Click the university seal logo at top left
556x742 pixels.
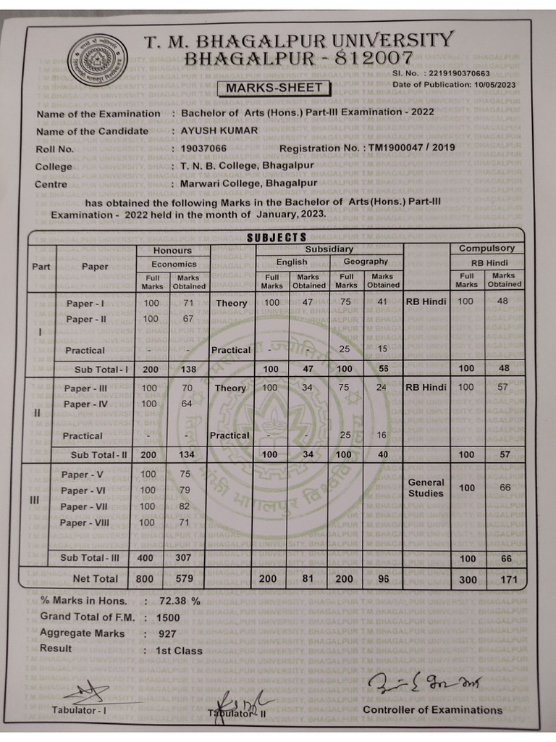tap(97, 60)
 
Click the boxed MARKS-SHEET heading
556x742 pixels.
tap(274, 88)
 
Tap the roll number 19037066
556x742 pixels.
tap(203, 149)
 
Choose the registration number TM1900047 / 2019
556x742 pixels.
tap(411, 148)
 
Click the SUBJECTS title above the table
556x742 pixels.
tap(277, 238)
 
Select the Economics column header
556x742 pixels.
tap(174, 264)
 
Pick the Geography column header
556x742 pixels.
tap(365, 262)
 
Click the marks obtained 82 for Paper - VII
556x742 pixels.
tap(185, 507)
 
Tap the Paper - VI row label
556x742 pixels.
tap(83, 491)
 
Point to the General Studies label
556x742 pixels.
tap(426, 488)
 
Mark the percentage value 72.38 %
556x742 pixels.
tap(180, 601)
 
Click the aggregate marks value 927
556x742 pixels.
tap(167, 633)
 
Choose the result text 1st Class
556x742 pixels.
tap(179, 651)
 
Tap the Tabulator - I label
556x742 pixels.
tap(79, 709)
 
